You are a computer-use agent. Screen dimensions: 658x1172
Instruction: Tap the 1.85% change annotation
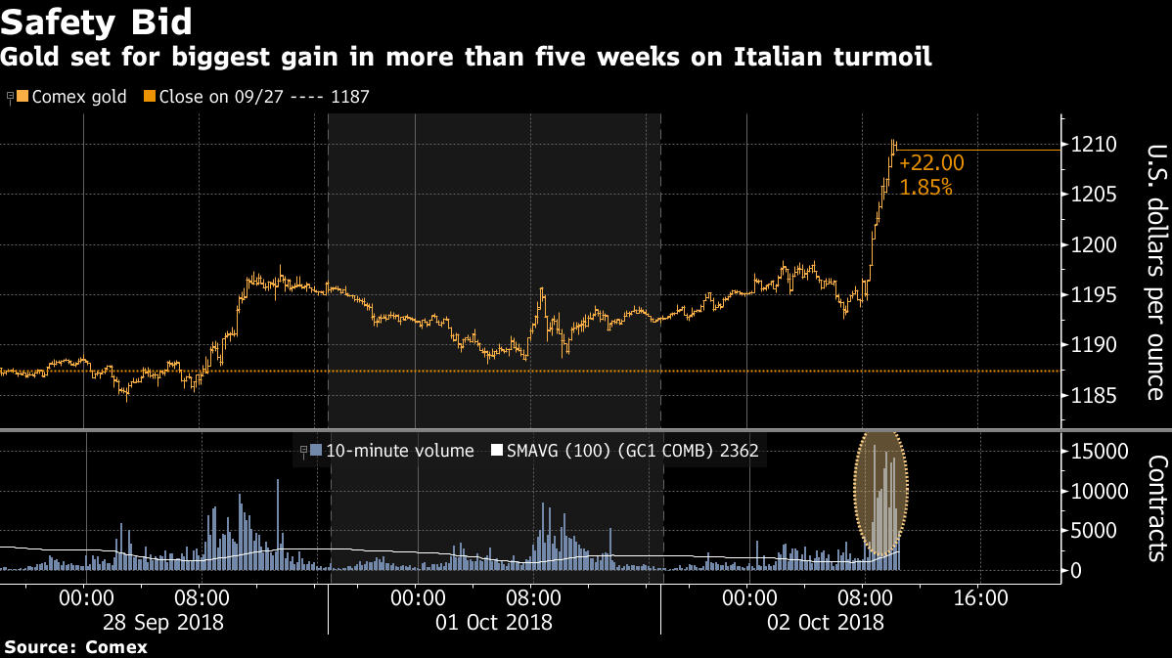tap(925, 187)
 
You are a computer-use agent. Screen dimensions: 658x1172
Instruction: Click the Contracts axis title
tap(1154, 508)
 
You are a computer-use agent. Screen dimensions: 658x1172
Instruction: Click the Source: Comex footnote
tap(75, 647)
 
